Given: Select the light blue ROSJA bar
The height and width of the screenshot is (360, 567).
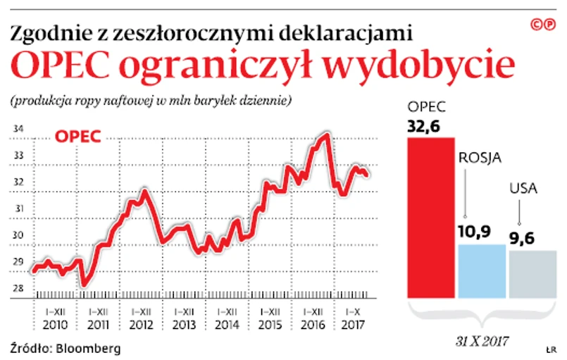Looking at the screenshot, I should (482, 271).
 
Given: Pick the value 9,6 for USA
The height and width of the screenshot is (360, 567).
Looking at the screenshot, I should (522, 237).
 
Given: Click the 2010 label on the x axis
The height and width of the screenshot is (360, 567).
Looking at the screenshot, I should (56, 325).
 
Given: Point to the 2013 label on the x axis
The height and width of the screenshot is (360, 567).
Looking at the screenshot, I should (183, 325).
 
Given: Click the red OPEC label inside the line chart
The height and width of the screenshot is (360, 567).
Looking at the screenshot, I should (77, 136).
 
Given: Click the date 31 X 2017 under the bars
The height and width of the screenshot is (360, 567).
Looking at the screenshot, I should (482, 341).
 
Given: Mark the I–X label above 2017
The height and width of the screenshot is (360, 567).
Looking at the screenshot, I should (351, 311).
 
